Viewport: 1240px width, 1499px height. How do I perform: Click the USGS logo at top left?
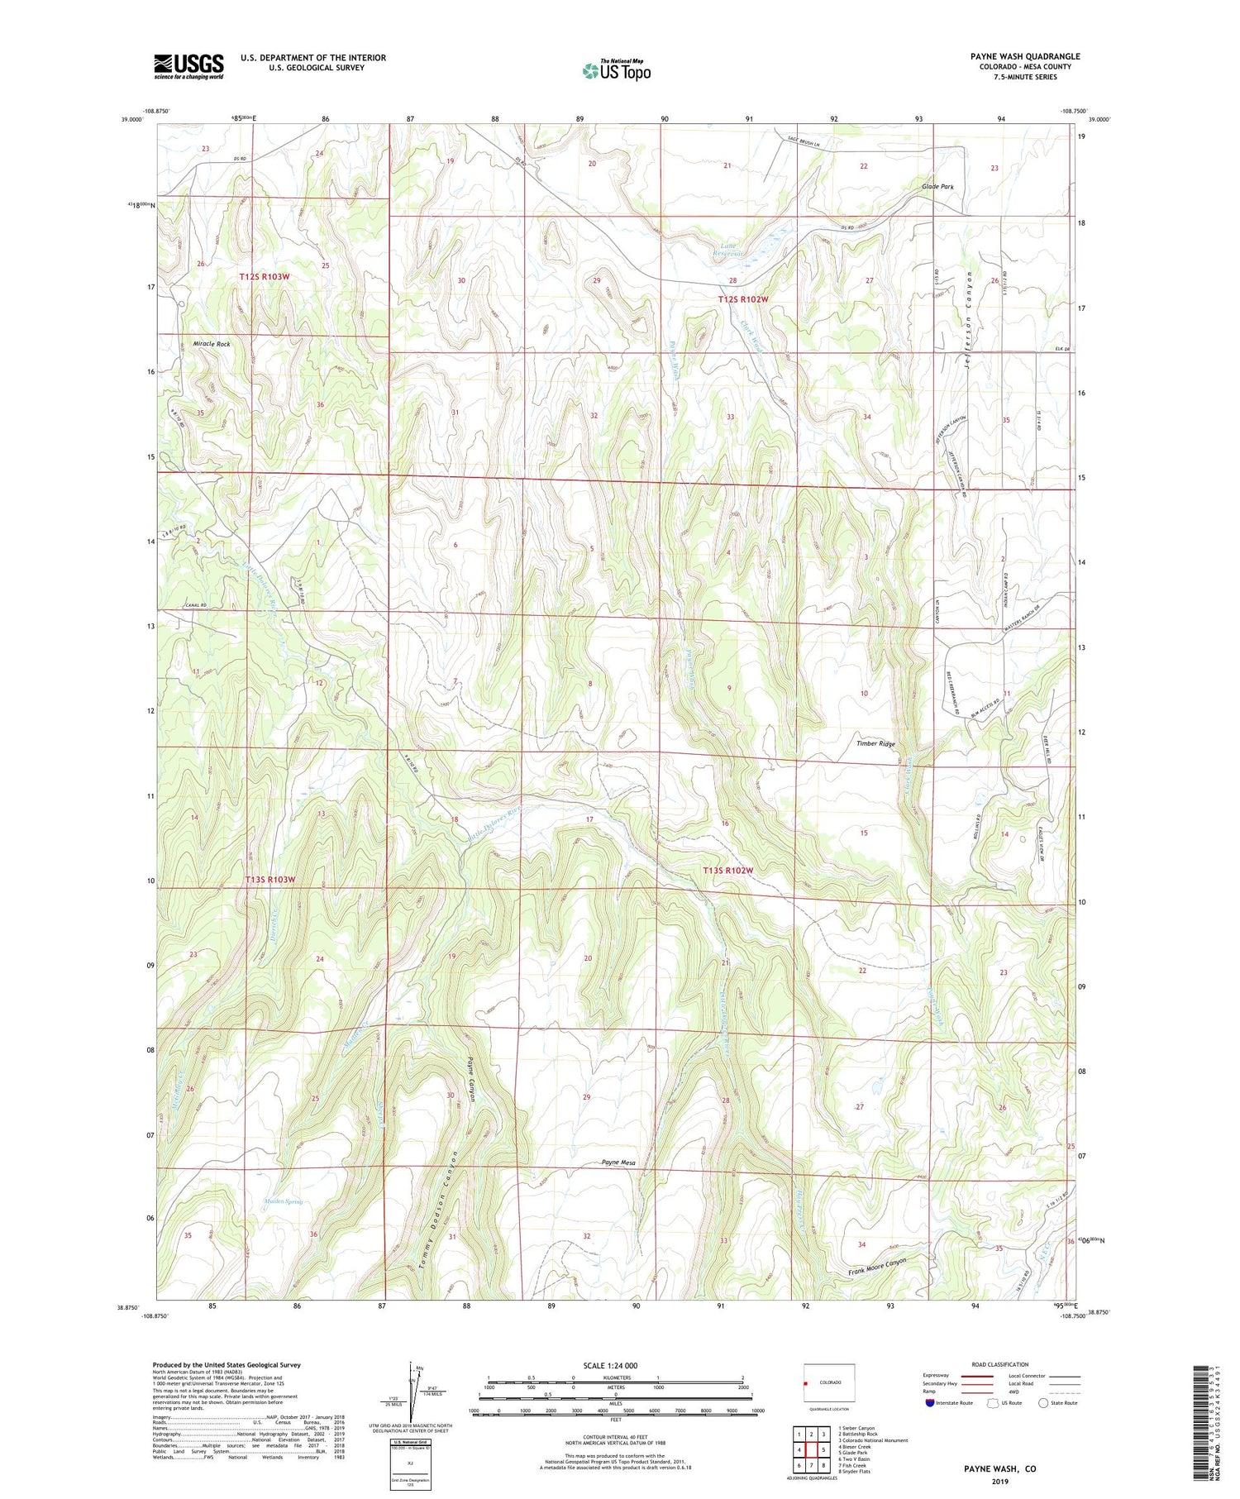pos(188,66)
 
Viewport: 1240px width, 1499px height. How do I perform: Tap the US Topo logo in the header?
pos(616,71)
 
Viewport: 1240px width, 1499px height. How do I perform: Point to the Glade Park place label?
pos(937,187)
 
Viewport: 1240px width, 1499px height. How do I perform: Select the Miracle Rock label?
pos(212,343)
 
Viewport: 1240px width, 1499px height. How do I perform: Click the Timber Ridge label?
pos(875,743)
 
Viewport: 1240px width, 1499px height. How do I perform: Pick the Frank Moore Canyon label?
pos(878,1267)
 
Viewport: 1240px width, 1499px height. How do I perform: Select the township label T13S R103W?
pos(269,880)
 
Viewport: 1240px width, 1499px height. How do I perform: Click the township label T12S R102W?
pos(743,299)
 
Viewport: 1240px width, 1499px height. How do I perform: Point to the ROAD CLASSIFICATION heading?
pos(1000,1364)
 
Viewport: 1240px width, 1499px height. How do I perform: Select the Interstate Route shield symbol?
pos(930,1403)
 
